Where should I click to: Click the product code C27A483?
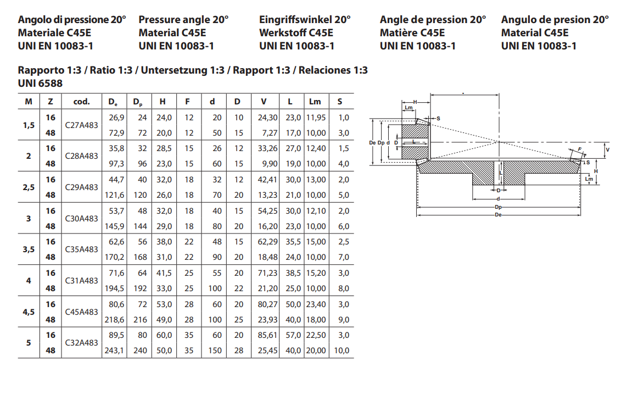82,125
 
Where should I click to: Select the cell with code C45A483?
82,312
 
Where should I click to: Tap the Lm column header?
315,102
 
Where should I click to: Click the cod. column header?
82,102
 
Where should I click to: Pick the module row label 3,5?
29,250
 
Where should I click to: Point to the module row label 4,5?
29,312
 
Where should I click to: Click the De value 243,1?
114,351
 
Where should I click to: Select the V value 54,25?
267,211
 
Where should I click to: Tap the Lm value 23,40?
316,304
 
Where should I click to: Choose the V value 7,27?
270,133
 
